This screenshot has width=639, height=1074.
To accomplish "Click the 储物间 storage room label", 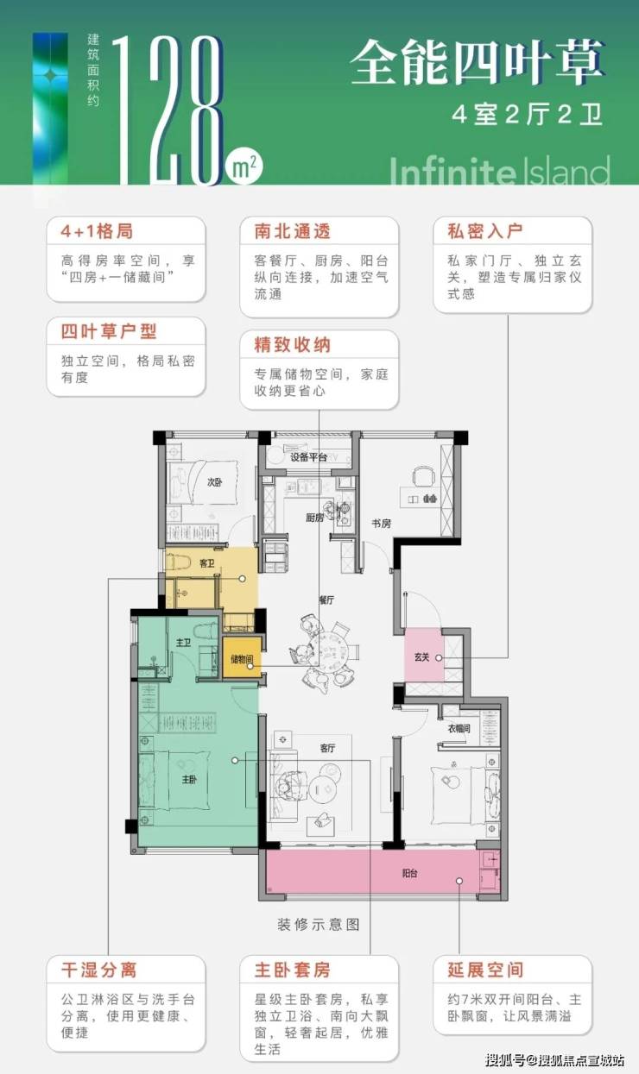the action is (242, 659).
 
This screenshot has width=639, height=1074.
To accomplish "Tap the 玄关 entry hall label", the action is (421, 657).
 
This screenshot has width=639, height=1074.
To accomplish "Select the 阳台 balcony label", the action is (409, 873).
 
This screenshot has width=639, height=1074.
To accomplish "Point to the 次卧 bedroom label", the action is (215, 482).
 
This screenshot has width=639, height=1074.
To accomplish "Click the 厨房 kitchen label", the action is (314, 518).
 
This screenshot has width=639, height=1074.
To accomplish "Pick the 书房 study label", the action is (381, 524).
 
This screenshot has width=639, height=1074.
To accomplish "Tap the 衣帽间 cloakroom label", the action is (459, 728).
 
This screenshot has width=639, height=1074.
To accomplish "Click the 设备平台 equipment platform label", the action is (308, 457).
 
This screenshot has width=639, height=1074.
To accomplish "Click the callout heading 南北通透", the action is (293, 231).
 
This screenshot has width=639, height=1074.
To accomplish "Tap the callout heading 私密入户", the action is (485, 231).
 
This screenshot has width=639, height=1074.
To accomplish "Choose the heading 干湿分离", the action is (99, 970).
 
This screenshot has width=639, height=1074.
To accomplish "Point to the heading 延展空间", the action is (485, 970).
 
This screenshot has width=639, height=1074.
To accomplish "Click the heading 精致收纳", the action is (293, 345).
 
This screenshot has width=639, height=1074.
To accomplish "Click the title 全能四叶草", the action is (477, 62).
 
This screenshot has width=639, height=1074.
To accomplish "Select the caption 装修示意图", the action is (319, 924).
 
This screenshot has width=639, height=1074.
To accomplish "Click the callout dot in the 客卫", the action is (243, 579).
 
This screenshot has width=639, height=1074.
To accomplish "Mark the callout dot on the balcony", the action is (459, 881).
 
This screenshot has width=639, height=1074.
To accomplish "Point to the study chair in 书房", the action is (423, 476).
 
